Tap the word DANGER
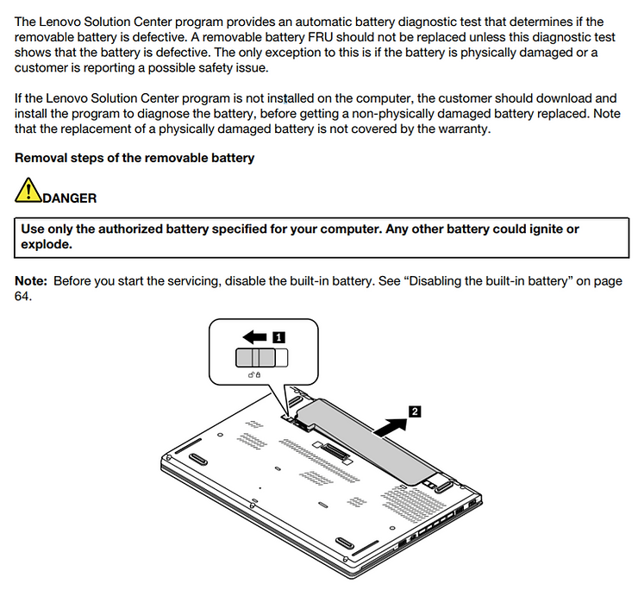69,198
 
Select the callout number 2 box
415,412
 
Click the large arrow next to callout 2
385,424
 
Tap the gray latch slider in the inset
256,359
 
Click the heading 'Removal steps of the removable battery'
134,159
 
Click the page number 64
23,297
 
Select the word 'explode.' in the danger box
46,245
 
